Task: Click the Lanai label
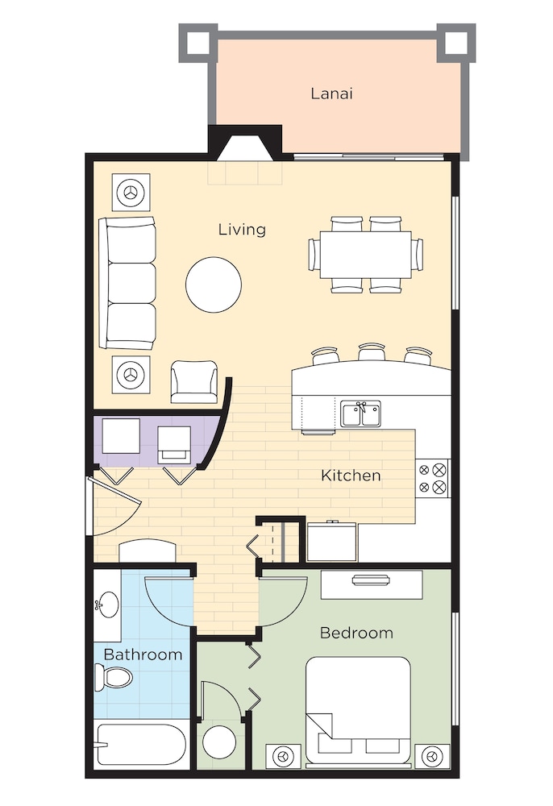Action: pyautogui.click(x=331, y=93)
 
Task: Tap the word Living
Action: pyautogui.click(x=242, y=230)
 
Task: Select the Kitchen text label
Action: pyautogui.click(x=351, y=476)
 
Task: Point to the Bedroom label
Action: pyautogui.click(x=356, y=633)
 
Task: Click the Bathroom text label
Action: pyautogui.click(x=143, y=654)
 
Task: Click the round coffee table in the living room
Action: pyautogui.click(x=214, y=284)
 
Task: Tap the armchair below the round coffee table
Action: pyautogui.click(x=194, y=382)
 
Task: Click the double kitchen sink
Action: pyautogui.click(x=360, y=415)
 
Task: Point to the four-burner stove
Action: pyautogui.click(x=432, y=478)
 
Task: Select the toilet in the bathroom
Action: pyautogui.click(x=112, y=677)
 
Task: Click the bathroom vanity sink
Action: pyautogui.click(x=106, y=604)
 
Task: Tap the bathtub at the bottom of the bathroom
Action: pyautogui.click(x=141, y=746)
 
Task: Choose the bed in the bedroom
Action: pyautogui.click(x=359, y=709)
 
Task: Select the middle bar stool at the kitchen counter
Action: pyautogui.click(x=372, y=353)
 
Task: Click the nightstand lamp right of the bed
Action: pyautogui.click(x=433, y=757)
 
